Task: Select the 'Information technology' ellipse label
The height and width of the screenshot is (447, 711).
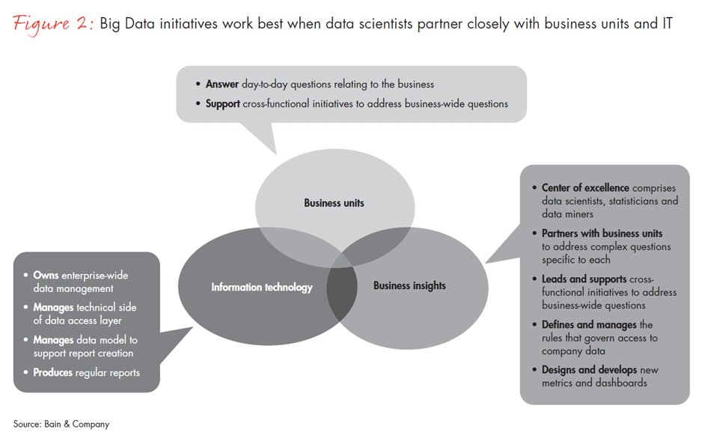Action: pyautogui.click(x=261, y=287)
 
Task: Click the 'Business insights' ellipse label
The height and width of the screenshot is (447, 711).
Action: pyautogui.click(x=409, y=285)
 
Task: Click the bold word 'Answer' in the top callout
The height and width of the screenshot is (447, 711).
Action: pyautogui.click(x=222, y=84)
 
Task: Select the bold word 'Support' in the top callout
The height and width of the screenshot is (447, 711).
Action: pyautogui.click(x=223, y=103)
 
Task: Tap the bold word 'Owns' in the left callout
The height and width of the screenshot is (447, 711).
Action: pyautogui.click(x=46, y=276)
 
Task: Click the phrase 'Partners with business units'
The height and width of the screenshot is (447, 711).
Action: pyautogui.click(x=602, y=234)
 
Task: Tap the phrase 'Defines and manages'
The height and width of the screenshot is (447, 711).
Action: pyautogui.click(x=589, y=325)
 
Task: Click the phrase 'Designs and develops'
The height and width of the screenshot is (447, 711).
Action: pyautogui.click(x=590, y=370)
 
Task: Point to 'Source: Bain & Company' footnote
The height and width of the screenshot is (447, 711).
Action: pyautogui.click(x=61, y=424)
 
